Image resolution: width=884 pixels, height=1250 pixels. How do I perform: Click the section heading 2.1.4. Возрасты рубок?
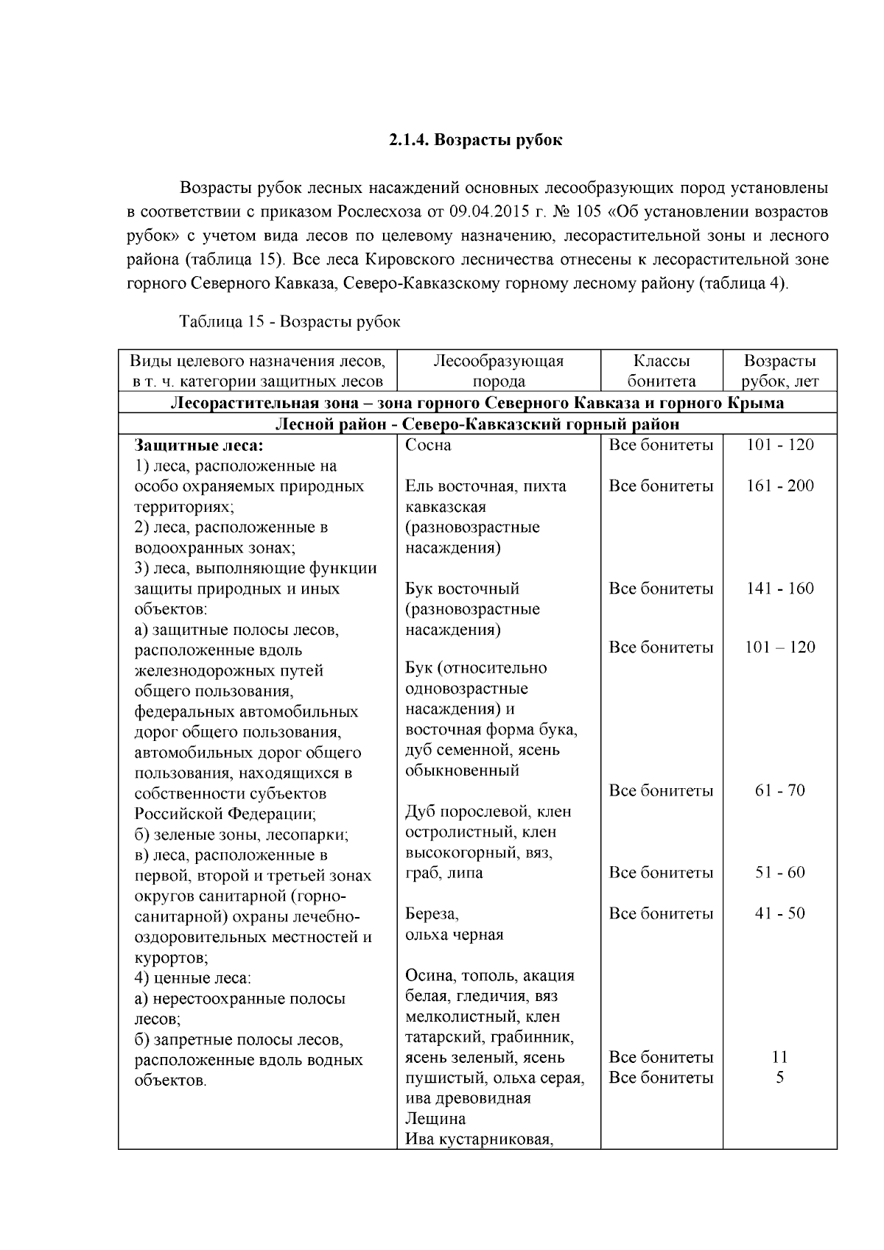pyautogui.click(x=475, y=140)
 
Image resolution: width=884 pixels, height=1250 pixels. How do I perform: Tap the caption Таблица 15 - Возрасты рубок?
pyautogui.click(x=290, y=322)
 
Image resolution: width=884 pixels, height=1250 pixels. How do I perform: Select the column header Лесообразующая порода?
pyautogui.click(x=499, y=371)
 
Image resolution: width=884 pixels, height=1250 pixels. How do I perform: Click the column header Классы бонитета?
pyautogui.click(x=661, y=371)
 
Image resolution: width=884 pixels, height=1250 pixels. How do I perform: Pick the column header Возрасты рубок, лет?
pyautogui.click(x=779, y=371)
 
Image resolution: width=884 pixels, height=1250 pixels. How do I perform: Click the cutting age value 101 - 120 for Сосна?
pyautogui.click(x=779, y=445)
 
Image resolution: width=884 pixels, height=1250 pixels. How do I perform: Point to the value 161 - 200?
pyautogui.click(x=779, y=486)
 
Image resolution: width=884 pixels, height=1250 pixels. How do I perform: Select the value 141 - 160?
pyautogui.click(x=779, y=589)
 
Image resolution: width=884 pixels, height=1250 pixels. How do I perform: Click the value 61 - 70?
pyautogui.click(x=779, y=790)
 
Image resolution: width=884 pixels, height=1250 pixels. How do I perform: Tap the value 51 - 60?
pyautogui.click(x=779, y=873)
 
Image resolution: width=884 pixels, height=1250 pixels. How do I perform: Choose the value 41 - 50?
pyautogui.click(x=779, y=913)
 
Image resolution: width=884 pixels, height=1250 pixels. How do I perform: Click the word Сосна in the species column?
pyautogui.click(x=428, y=445)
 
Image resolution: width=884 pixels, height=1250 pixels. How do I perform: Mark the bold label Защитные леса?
pyautogui.click(x=198, y=445)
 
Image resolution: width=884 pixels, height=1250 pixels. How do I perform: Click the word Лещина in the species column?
pyautogui.click(x=435, y=1119)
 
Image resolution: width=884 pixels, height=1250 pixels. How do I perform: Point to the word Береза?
pyautogui.click(x=432, y=914)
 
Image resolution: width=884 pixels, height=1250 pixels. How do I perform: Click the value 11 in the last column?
pyautogui.click(x=779, y=1057)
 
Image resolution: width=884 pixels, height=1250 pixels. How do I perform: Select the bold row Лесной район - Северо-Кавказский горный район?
pyautogui.click(x=477, y=424)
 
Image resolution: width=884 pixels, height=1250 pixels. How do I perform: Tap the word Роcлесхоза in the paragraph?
pyautogui.click(x=379, y=212)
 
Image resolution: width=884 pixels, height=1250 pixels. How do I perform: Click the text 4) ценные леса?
pyautogui.click(x=192, y=979)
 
